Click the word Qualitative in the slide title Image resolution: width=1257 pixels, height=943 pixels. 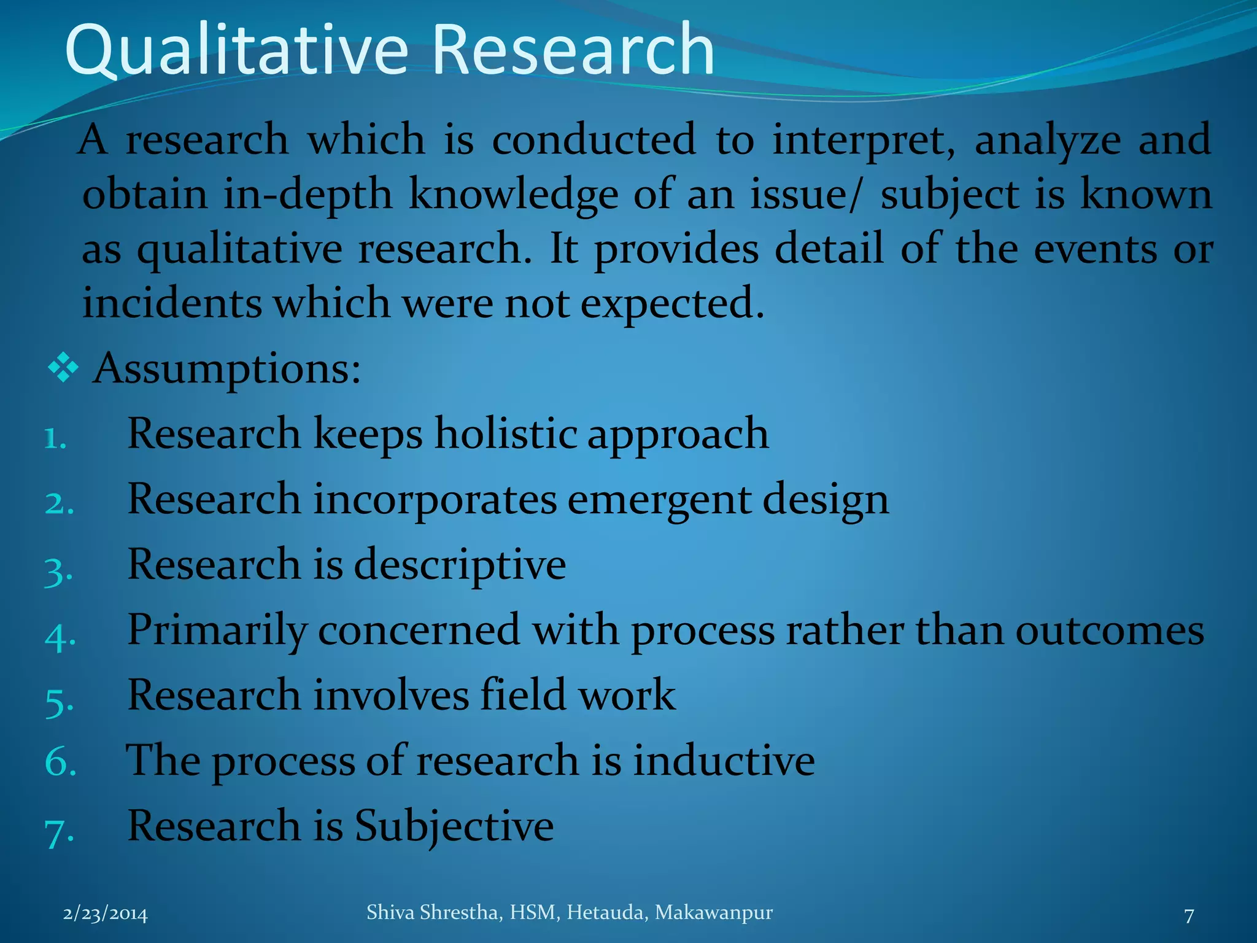(236, 50)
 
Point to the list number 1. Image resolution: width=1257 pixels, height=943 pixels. (55, 440)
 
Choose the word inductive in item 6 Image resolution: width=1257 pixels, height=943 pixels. (724, 761)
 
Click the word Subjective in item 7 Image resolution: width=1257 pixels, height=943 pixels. (454, 826)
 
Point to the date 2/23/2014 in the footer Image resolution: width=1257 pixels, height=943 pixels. (106, 915)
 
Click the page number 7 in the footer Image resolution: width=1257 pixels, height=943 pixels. (1189, 916)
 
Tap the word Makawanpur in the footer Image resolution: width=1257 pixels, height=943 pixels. (714, 913)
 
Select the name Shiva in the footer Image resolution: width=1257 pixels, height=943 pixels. (390, 913)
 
